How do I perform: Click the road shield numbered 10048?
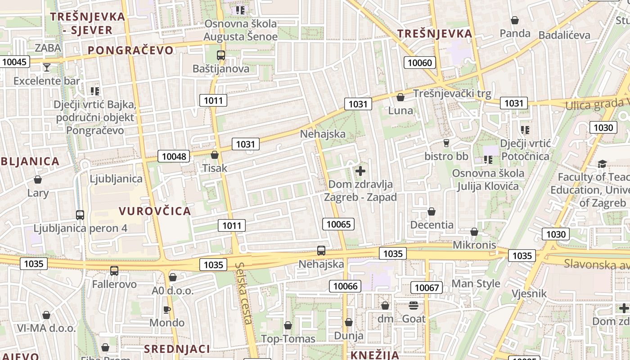point(174,157)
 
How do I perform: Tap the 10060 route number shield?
point(420,63)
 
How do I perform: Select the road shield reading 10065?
point(338,224)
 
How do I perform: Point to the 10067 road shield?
point(427,288)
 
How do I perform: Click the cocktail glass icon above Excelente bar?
point(46,67)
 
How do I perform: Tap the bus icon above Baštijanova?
point(220,55)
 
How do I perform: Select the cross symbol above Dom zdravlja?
point(360,171)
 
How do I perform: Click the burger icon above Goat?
point(414,306)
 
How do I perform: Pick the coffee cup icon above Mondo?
point(167,310)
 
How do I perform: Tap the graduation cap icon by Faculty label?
point(602,164)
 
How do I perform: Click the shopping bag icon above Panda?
point(515,20)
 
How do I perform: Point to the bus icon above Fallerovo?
point(114,270)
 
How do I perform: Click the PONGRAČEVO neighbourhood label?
point(130,50)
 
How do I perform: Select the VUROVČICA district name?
point(155,211)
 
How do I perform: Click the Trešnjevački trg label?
point(452,94)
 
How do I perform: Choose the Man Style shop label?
point(476,283)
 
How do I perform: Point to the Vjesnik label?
point(529,294)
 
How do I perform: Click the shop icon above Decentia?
point(432,211)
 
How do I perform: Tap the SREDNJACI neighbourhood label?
point(177,349)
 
